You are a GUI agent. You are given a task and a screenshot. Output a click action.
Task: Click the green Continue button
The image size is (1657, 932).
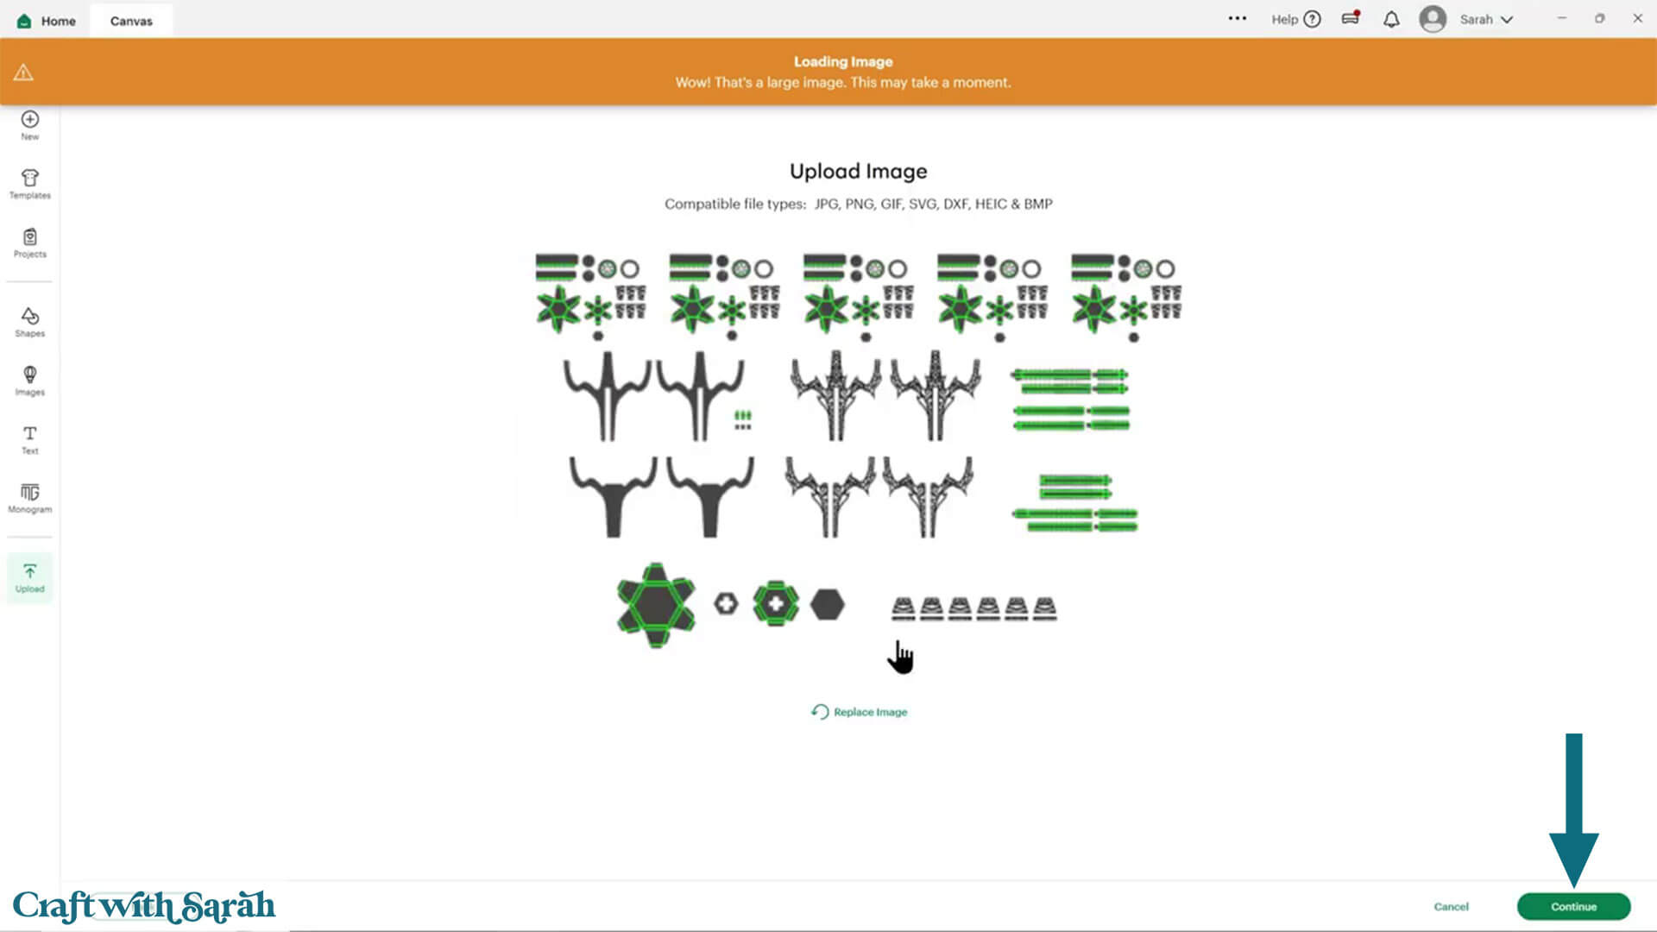pyautogui.click(x=1573, y=906)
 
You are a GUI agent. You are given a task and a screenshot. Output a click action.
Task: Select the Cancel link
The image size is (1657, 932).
pyautogui.click(x=1451, y=906)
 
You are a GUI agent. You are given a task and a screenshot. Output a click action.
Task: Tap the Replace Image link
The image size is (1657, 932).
pyautogui.click(x=859, y=712)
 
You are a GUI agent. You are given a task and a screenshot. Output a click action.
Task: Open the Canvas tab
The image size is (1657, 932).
pyautogui.click(x=131, y=21)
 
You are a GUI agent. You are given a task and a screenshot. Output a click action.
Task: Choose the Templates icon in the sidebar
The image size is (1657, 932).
pyautogui.click(x=30, y=178)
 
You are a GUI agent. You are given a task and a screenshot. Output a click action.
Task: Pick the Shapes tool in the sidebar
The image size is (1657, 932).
pyautogui.click(x=30, y=316)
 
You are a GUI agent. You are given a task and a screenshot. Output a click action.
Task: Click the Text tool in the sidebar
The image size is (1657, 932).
pyautogui.click(x=30, y=433)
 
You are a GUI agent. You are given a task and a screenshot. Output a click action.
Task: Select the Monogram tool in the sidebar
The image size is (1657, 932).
pyautogui.click(x=30, y=492)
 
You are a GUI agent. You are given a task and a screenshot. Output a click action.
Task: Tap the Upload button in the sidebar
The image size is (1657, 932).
pyautogui.click(x=30, y=577)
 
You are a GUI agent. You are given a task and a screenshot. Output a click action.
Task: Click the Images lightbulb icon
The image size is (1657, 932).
pyautogui.click(x=30, y=374)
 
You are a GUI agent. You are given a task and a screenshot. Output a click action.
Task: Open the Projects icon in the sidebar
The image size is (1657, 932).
pyautogui.click(x=30, y=236)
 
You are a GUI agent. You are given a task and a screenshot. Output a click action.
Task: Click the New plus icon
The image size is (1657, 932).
pyautogui.click(x=30, y=119)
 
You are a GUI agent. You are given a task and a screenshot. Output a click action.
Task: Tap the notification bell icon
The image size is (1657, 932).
pyautogui.click(x=1391, y=20)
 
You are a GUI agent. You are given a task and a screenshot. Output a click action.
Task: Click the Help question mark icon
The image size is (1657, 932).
pyautogui.click(x=1312, y=19)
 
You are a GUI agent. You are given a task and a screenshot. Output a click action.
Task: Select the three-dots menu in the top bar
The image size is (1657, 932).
pyautogui.click(x=1238, y=18)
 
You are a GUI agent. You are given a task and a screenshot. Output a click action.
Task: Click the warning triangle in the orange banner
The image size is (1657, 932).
pyautogui.click(x=23, y=72)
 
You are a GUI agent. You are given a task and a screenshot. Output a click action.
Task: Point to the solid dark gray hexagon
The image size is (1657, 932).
pyautogui.click(x=828, y=605)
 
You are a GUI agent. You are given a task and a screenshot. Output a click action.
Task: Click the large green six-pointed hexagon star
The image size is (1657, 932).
pyautogui.click(x=656, y=605)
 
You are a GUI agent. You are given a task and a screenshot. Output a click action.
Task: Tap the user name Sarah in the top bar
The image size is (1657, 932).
pyautogui.click(x=1476, y=20)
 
